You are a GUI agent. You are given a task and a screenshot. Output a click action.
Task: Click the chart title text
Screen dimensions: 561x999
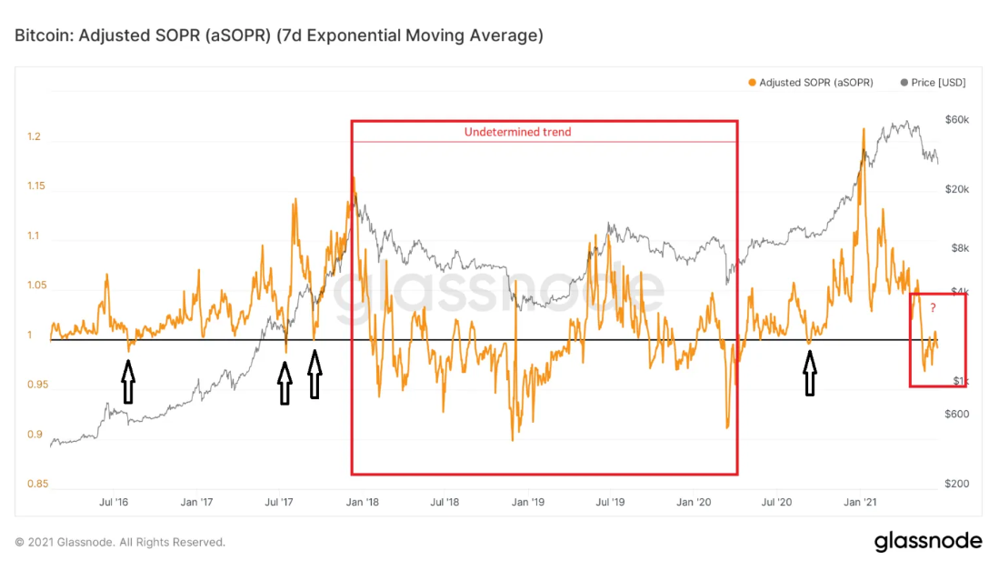(279, 35)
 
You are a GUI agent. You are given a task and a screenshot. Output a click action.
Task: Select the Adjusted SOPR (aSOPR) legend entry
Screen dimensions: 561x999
(811, 83)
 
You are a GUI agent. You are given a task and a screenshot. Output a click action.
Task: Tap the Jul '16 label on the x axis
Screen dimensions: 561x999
(113, 502)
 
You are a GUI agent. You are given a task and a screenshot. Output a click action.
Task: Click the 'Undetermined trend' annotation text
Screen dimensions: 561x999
(517, 132)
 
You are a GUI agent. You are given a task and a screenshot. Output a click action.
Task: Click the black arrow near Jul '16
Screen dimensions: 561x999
(128, 381)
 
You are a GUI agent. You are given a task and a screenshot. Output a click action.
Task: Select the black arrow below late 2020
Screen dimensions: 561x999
(809, 372)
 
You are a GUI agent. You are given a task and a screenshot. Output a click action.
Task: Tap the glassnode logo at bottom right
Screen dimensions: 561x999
(928, 541)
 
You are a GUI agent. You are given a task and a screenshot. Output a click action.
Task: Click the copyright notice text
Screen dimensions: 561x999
(120, 542)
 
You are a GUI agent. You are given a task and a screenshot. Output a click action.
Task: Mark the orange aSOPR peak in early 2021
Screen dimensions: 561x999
(862, 130)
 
